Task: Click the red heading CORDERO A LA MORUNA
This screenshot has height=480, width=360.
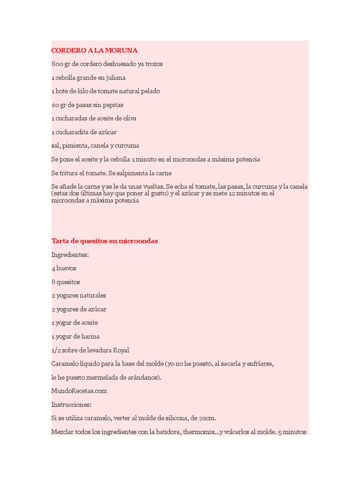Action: (94, 50)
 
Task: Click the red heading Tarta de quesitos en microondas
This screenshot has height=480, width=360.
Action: (104, 241)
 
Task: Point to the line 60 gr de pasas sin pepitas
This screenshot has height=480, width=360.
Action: (87, 105)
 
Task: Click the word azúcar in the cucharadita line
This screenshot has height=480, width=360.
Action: (107, 132)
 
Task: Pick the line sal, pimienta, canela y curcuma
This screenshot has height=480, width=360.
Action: (95, 145)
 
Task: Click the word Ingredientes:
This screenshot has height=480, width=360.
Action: (70, 255)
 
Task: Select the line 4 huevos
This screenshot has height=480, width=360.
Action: (64, 268)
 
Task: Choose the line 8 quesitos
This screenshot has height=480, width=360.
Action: (66, 282)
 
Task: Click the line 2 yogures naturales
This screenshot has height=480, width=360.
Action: (79, 295)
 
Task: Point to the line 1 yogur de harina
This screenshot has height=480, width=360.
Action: (75, 336)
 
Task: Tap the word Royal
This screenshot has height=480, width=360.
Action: (120, 350)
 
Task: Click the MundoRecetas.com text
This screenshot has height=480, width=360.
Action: (79, 390)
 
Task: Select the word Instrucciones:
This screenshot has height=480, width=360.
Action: (71, 404)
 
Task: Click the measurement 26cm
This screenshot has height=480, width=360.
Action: (206, 418)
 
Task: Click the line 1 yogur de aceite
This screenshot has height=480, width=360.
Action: (75, 322)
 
